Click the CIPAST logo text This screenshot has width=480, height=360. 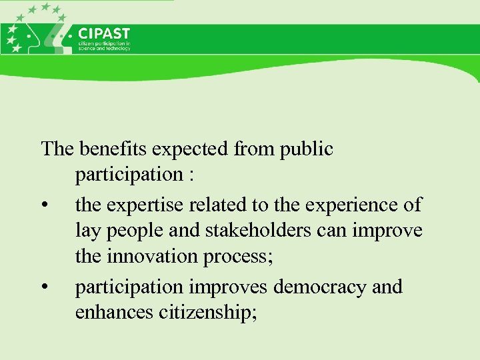pos(104,33)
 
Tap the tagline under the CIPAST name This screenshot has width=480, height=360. pos(104,47)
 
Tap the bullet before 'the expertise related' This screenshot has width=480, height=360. pos(44,204)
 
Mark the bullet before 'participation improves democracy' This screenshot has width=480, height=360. pos(44,287)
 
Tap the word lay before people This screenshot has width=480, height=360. pos(87,231)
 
